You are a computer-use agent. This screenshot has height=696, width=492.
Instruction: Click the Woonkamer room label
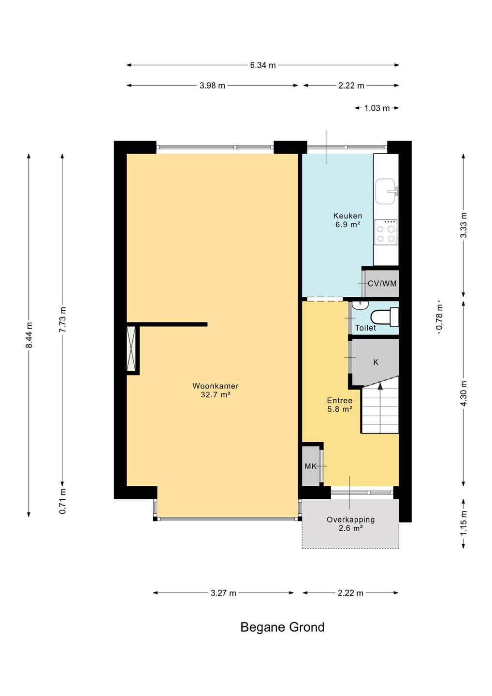click(x=215, y=386)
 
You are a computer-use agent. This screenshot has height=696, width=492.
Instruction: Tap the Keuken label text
click(x=347, y=216)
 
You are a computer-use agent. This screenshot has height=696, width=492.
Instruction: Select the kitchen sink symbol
click(x=386, y=191)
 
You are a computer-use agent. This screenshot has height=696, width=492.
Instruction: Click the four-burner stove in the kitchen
click(x=386, y=232)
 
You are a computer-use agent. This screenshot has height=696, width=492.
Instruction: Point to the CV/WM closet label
click(x=382, y=283)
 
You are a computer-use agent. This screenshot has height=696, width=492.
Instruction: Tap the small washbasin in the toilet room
click(x=361, y=305)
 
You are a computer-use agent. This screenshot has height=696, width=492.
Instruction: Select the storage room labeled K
click(x=376, y=362)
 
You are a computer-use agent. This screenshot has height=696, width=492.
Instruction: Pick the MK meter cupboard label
click(x=310, y=466)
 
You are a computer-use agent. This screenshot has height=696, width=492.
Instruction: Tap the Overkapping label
click(x=351, y=520)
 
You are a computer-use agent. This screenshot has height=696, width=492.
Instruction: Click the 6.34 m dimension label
click(x=263, y=65)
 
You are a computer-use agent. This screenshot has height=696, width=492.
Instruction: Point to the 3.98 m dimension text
click(x=212, y=86)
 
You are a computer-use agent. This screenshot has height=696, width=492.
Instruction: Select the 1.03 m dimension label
click(x=377, y=108)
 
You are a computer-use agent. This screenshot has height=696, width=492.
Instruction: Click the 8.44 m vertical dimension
click(x=29, y=335)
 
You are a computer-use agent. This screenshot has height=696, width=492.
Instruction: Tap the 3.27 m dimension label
click(x=223, y=593)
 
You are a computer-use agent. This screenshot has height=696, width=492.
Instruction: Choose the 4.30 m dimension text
click(x=463, y=393)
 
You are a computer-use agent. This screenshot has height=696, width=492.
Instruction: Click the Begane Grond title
click(x=282, y=627)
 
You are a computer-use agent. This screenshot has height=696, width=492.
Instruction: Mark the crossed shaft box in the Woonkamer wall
click(x=131, y=348)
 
